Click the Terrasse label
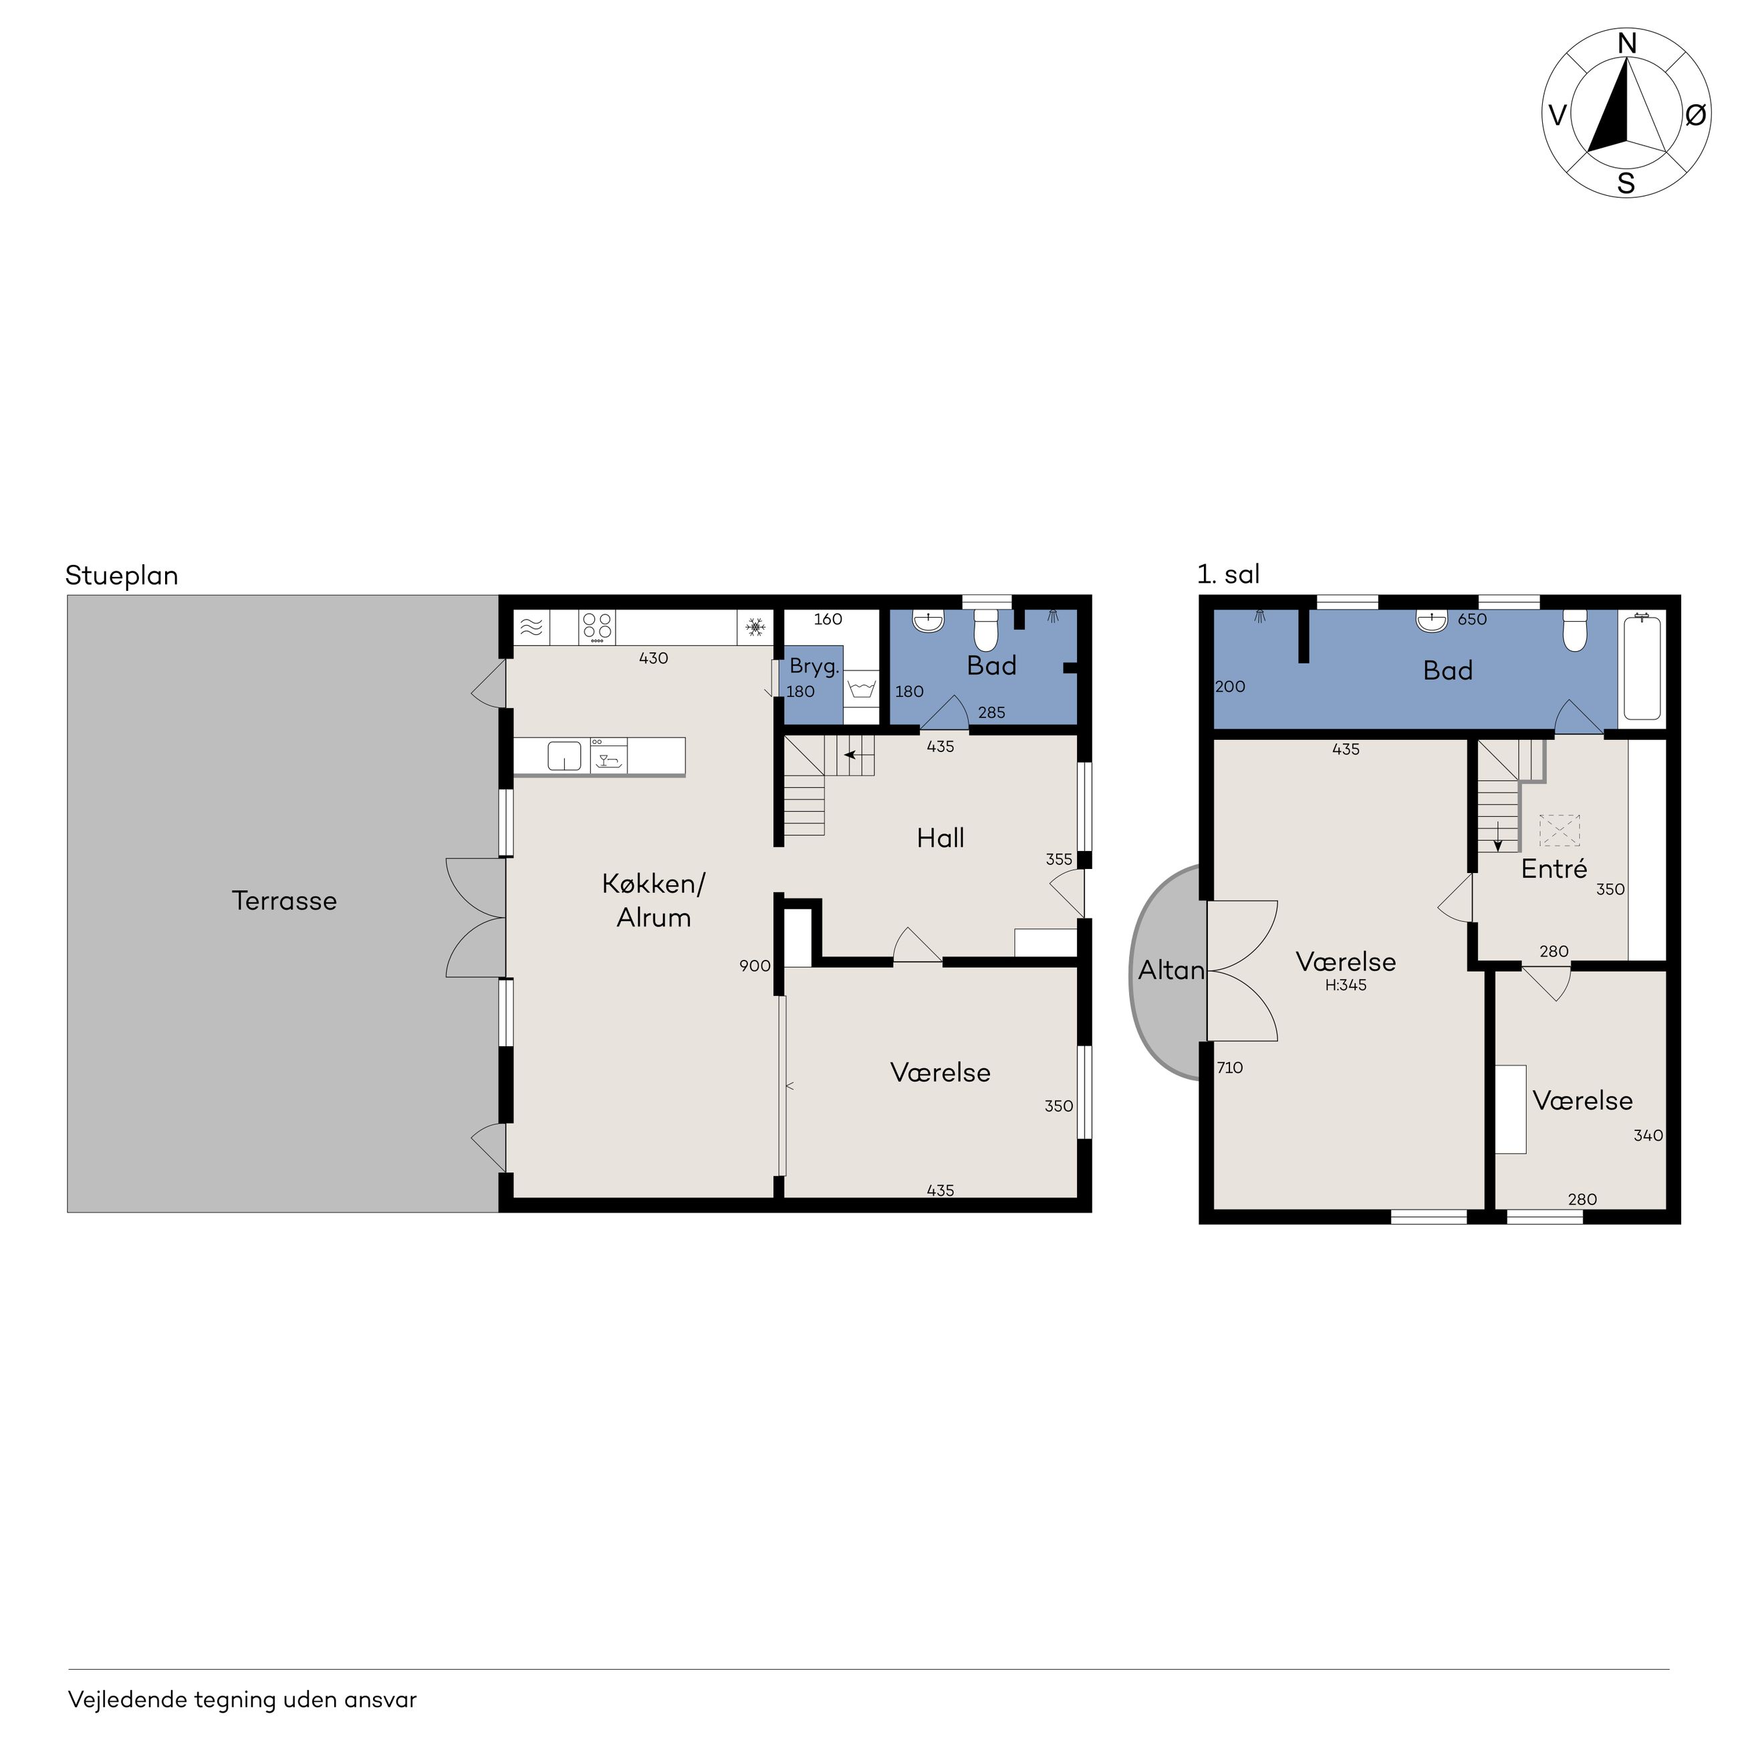[x=284, y=900]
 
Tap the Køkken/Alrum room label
[x=654, y=900]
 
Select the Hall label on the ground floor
[x=940, y=838]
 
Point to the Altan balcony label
[x=1171, y=970]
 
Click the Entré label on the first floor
[x=1554, y=868]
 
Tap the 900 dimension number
[x=755, y=965]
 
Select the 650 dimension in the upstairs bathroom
[x=1472, y=619]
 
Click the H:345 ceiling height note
[x=1346, y=985]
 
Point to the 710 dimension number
[x=1230, y=1068]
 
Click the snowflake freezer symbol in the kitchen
[x=755, y=626]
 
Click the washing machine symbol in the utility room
[x=861, y=689]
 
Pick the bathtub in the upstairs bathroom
[x=1642, y=666]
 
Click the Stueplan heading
[x=122, y=576]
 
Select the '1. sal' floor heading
[x=1228, y=574]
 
